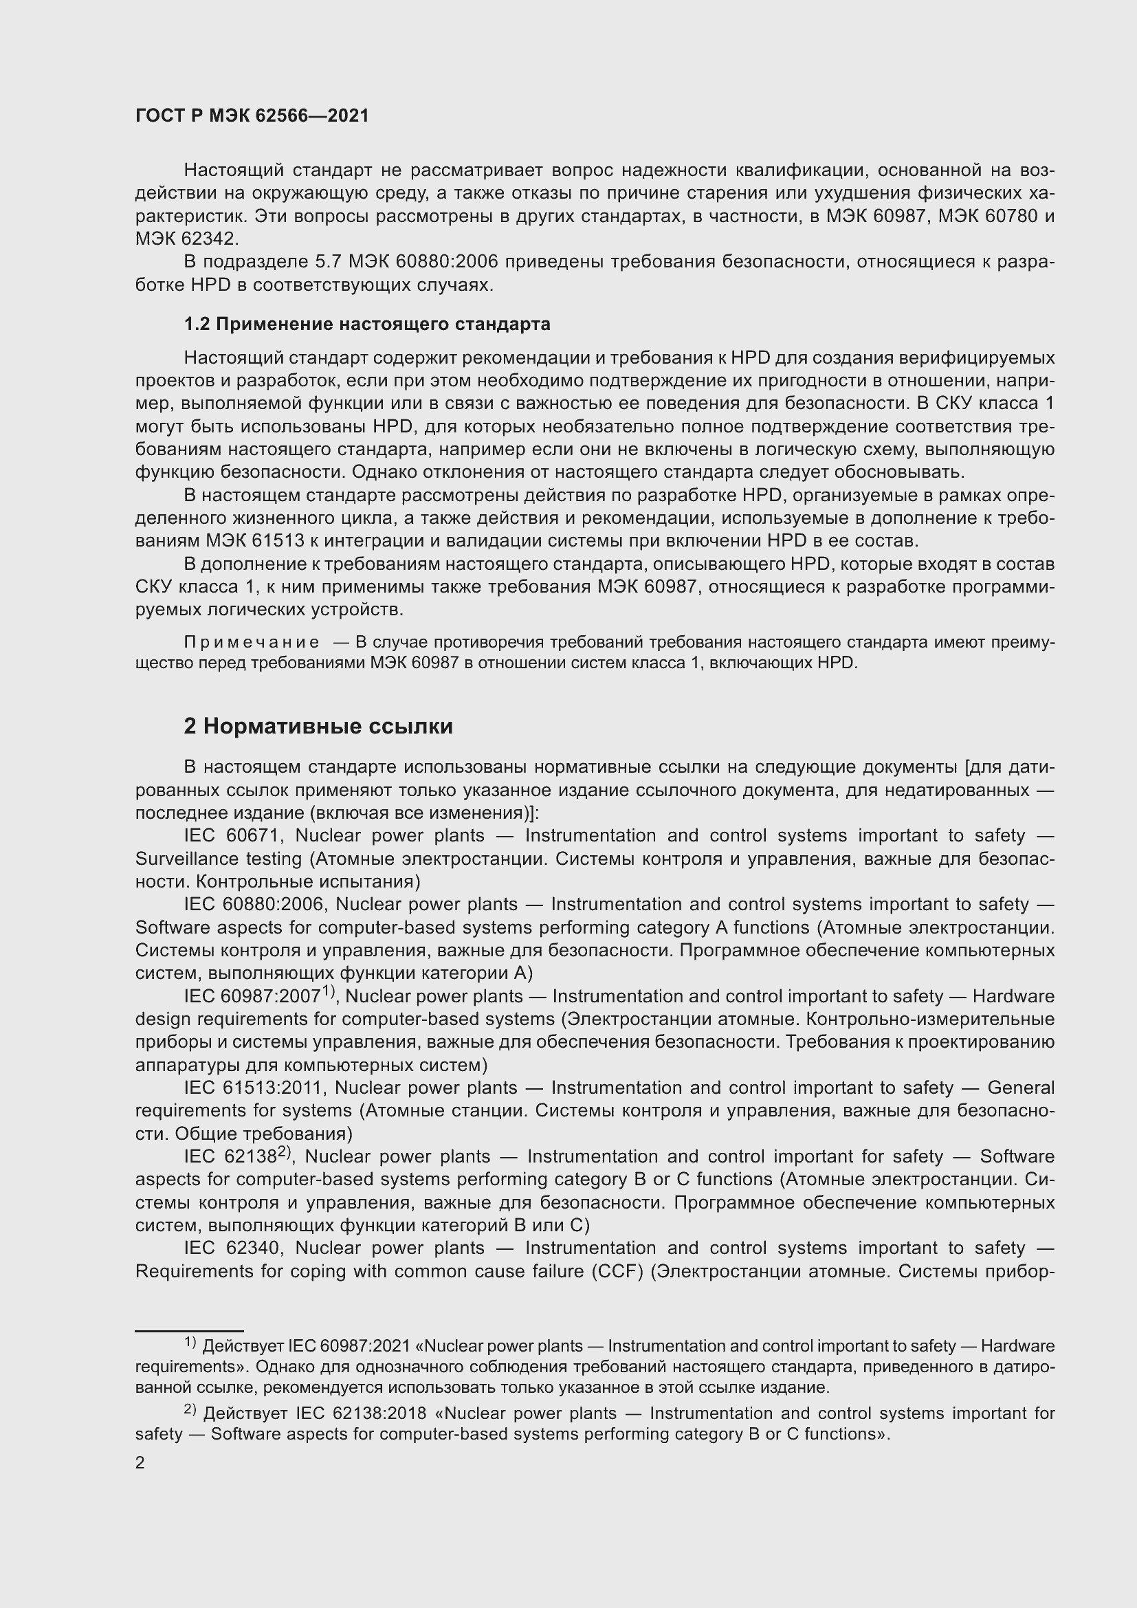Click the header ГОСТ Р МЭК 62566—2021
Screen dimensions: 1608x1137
pos(252,116)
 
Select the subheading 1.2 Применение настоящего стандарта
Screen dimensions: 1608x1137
pos(367,324)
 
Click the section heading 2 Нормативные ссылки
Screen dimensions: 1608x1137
pos(318,726)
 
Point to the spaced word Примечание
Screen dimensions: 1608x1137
pos(252,642)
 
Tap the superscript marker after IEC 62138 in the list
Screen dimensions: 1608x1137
pos(285,1152)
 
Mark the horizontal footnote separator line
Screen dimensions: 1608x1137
pos(189,1330)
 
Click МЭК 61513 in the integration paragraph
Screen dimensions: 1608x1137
pos(252,540)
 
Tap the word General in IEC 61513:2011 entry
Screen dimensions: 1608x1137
pos(1020,1088)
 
